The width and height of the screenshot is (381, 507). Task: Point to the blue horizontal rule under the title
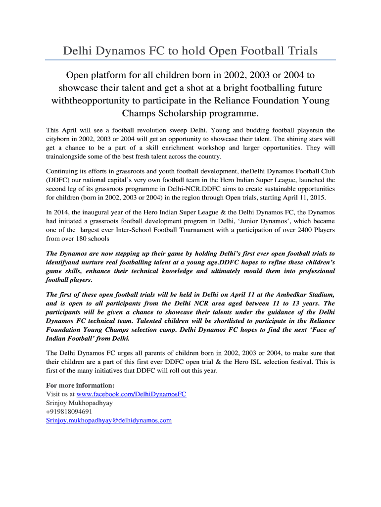tap(190, 60)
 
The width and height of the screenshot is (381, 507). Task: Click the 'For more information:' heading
tap(80, 385)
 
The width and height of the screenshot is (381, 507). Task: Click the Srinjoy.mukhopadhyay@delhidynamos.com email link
tap(109, 420)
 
